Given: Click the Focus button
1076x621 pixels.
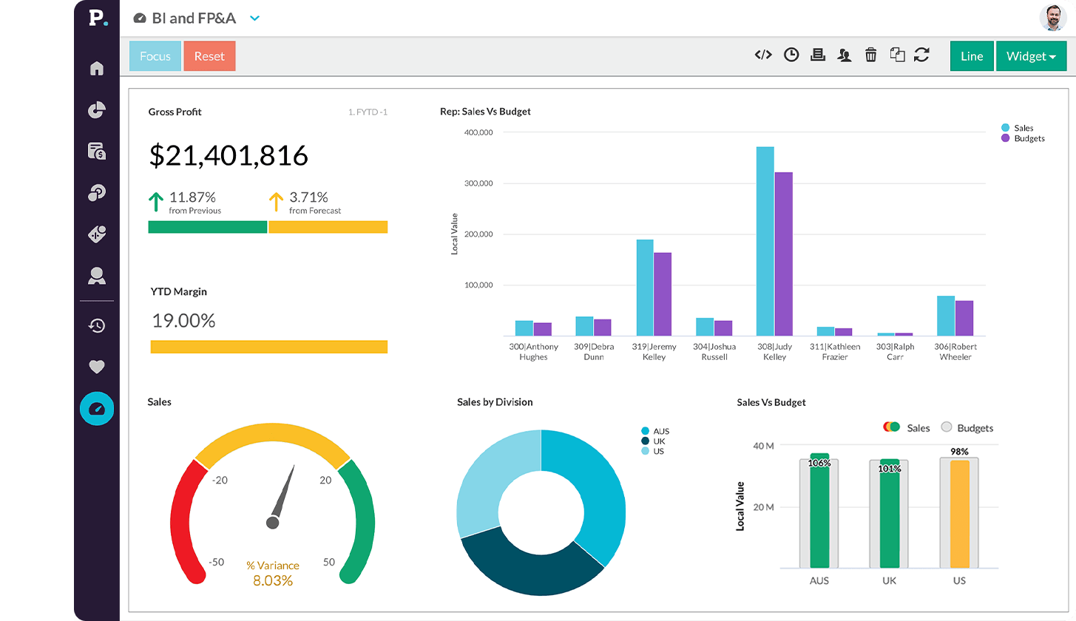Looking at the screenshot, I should [155, 56].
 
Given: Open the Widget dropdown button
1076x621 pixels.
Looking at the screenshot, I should [1031, 56].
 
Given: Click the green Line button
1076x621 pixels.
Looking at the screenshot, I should [972, 56].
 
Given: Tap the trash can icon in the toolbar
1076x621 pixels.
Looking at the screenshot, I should [871, 55].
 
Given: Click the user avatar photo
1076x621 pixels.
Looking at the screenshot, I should [1052, 18].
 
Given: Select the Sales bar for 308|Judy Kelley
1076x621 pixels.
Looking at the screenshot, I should [765, 241].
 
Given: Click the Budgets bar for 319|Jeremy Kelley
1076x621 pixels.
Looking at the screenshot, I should [663, 294].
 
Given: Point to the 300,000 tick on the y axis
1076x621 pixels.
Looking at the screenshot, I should [478, 183].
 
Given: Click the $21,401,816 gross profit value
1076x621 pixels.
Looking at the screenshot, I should [229, 156].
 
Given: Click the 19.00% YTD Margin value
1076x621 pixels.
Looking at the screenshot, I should [183, 321].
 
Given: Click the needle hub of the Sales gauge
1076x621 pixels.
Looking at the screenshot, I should [272, 523].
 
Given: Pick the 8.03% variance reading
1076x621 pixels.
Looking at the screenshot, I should [273, 581].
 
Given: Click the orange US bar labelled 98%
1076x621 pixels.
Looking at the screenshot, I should [959, 514].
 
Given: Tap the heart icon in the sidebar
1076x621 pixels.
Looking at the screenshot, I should [97, 367].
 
